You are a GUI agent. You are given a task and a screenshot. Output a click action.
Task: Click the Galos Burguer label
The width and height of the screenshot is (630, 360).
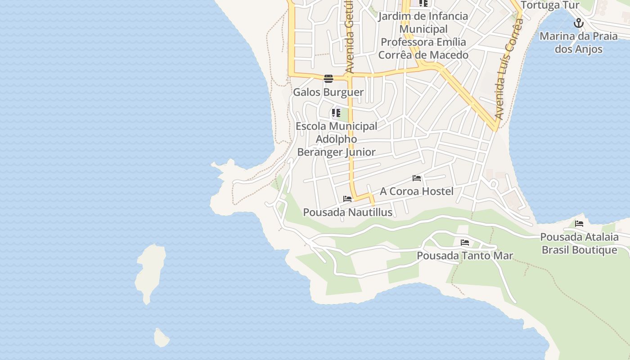[x=328, y=92]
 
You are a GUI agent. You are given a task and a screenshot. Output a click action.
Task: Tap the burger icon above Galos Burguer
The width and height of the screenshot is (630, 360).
[x=328, y=78]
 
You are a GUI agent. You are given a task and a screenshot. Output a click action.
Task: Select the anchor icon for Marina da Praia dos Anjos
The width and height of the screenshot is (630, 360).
[x=578, y=23]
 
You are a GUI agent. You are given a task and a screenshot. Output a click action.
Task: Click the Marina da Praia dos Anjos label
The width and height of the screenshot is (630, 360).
[x=578, y=42]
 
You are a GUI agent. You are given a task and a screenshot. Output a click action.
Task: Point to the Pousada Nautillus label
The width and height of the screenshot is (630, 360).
[x=347, y=212]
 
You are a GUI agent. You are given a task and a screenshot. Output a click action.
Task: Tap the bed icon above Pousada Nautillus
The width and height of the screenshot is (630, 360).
[x=347, y=198]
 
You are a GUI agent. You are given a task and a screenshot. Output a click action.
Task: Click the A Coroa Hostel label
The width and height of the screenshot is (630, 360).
[x=416, y=191]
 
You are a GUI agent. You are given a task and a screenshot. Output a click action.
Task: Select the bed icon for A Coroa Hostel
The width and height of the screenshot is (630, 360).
[x=417, y=178]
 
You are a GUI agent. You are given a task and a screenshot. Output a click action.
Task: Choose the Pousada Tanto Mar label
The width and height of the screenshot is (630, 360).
[x=464, y=256]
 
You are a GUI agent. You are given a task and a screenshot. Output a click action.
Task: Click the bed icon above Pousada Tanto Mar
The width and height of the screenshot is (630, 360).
[x=465, y=243]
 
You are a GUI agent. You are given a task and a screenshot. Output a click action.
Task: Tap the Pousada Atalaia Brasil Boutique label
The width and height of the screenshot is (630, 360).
[x=579, y=243]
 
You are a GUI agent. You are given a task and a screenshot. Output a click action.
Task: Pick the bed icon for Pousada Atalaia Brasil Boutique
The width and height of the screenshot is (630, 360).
[x=579, y=223]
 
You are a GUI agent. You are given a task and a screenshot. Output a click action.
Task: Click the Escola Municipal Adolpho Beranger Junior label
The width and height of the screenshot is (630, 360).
[x=336, y=139]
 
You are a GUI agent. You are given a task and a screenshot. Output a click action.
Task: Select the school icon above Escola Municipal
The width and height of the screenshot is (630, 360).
[x=336, y=112]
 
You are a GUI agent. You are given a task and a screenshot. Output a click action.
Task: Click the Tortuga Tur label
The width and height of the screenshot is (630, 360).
[x=549, y=5]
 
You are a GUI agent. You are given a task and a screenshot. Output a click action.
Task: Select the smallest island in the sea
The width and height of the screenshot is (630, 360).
[x=161, y=338]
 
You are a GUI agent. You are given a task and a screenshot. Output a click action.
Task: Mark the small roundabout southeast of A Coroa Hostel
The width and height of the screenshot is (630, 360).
[x=493, y=184]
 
